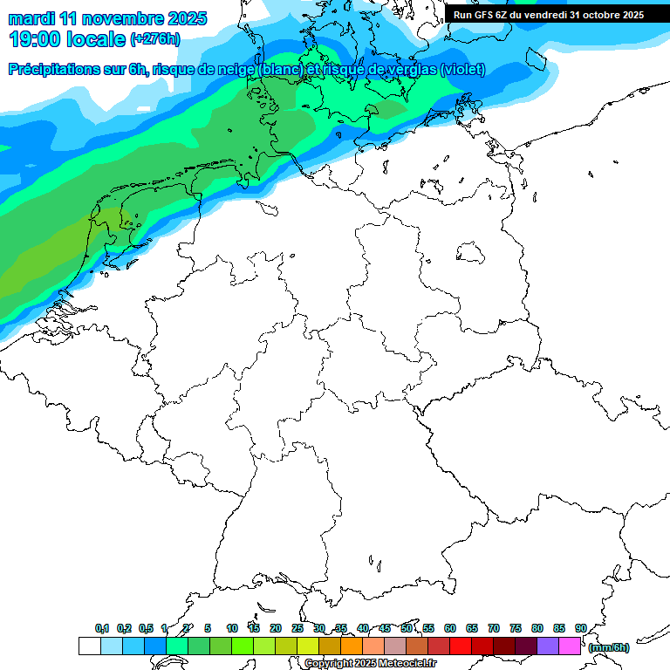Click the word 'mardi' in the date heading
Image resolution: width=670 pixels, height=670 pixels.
[x=32, y=18]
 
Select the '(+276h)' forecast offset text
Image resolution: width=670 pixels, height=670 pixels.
[x=154, y=39]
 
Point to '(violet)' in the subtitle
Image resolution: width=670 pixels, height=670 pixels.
[x=462, y=70]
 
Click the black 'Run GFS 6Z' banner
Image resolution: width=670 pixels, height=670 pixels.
[x=549, y=14]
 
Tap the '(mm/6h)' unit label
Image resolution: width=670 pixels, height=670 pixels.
[x=608, y=647]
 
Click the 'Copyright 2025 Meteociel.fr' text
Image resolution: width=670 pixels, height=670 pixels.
[x=370, y=663]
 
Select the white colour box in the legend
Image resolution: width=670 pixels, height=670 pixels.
[x=89, y=646]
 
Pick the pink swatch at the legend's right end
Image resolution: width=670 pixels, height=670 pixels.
[x=570, y=646]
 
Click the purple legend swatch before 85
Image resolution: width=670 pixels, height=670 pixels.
[x=548, y=646]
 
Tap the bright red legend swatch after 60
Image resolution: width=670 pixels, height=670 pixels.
[x=461, y=646]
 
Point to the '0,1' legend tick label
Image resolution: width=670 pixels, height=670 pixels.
[x=102, y=629]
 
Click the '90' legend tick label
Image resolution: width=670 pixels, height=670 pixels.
[x=580, y=629]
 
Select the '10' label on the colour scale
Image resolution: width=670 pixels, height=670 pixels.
[x=231, y=629]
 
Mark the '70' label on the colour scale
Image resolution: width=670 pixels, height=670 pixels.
[x=494, y=629]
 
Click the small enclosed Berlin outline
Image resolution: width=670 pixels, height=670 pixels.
[x=472, y=253]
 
